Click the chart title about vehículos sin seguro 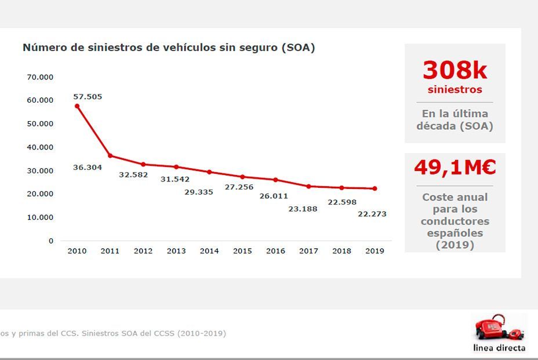pos(169,48)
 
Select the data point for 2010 pos(77,106)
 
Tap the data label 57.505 pos(88,97)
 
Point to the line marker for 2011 pos(110,155)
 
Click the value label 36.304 pos(88,168)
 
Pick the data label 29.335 pos(199,192)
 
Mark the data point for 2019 pos(375,188)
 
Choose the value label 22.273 pos(372,214)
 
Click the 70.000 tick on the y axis pos(40,77)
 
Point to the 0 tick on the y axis pos(51,241)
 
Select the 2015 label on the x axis pos(242,251)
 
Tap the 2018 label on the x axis pos(341,251)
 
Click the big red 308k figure pos(455,71)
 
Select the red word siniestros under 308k pos(455,90)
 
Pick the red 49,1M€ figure pos(455,168)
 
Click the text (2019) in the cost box pos(455,245)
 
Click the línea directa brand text pos(499,348)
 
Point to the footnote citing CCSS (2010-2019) pos(113,333)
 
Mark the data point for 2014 pos(209,172)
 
